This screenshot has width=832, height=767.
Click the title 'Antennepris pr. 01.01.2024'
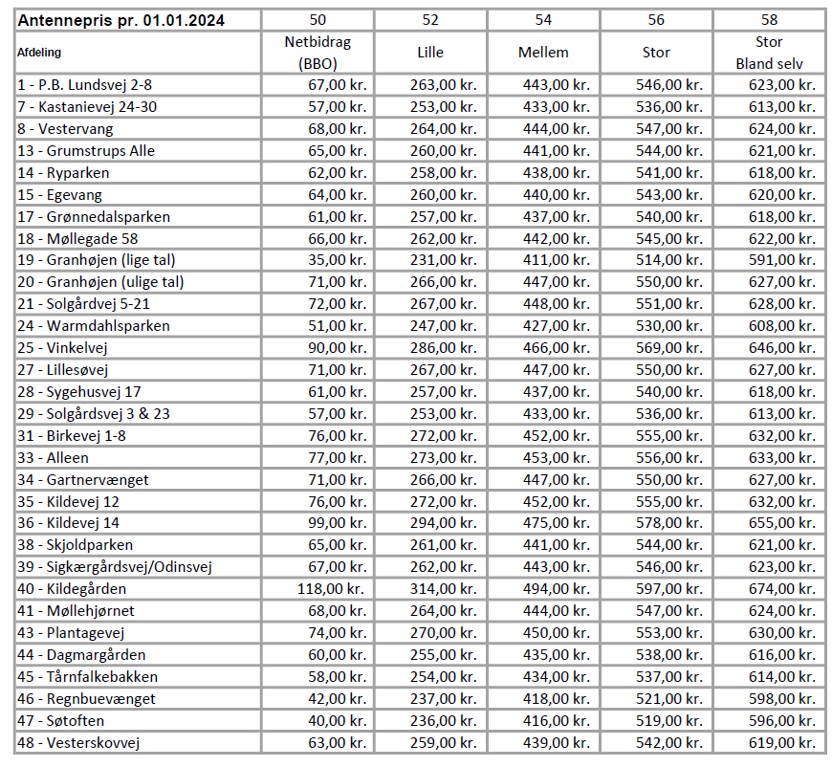pos(123,20)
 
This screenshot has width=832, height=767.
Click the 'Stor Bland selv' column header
pos(769,53)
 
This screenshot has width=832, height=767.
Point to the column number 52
pos(430,20)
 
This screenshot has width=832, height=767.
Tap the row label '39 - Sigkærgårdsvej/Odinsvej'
pos(115,567)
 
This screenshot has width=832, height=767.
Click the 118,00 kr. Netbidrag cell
pos(331,589)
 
